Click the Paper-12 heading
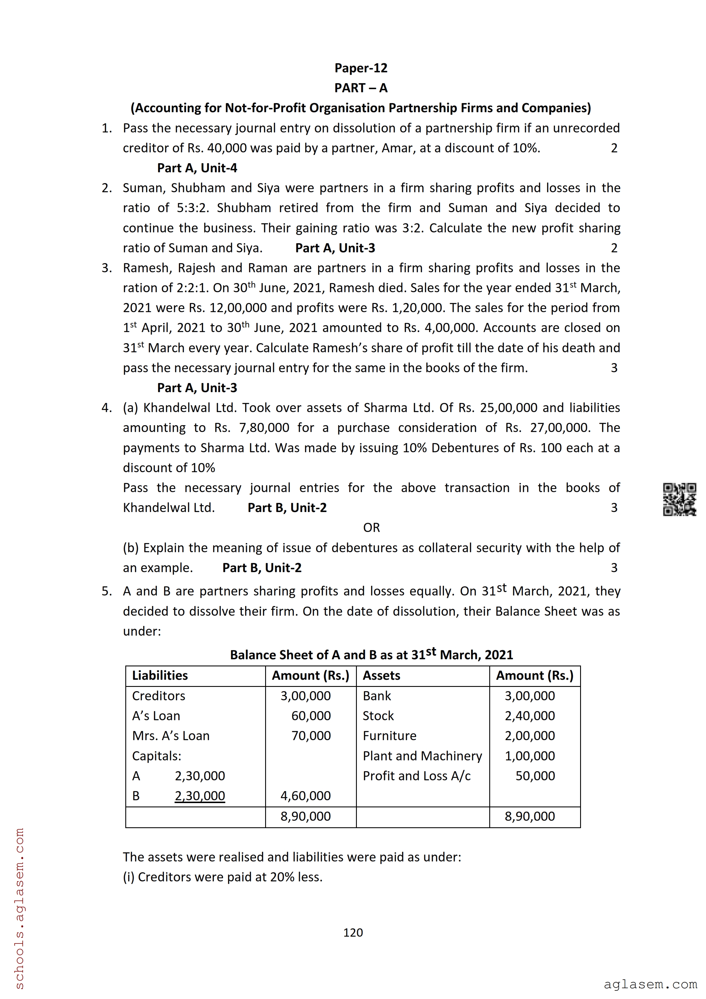(x=361, y=68)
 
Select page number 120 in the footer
(x=353, y=932)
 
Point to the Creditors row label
(x=158, y=696)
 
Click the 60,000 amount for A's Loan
(x=311, y=716)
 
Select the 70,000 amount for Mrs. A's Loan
(x=311, y=736)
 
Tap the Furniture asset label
(x=389, y=736)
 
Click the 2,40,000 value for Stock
(x=529, y=716)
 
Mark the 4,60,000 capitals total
(x=305, y=796)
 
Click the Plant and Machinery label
(x=422, y=756)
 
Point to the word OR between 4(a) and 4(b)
(x=371, y=528)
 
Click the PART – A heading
(x=361, y=88)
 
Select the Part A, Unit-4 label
(x=197, y=168)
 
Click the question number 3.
(x=107, y=268)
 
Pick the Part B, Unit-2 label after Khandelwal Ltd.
(x=287, y=508)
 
